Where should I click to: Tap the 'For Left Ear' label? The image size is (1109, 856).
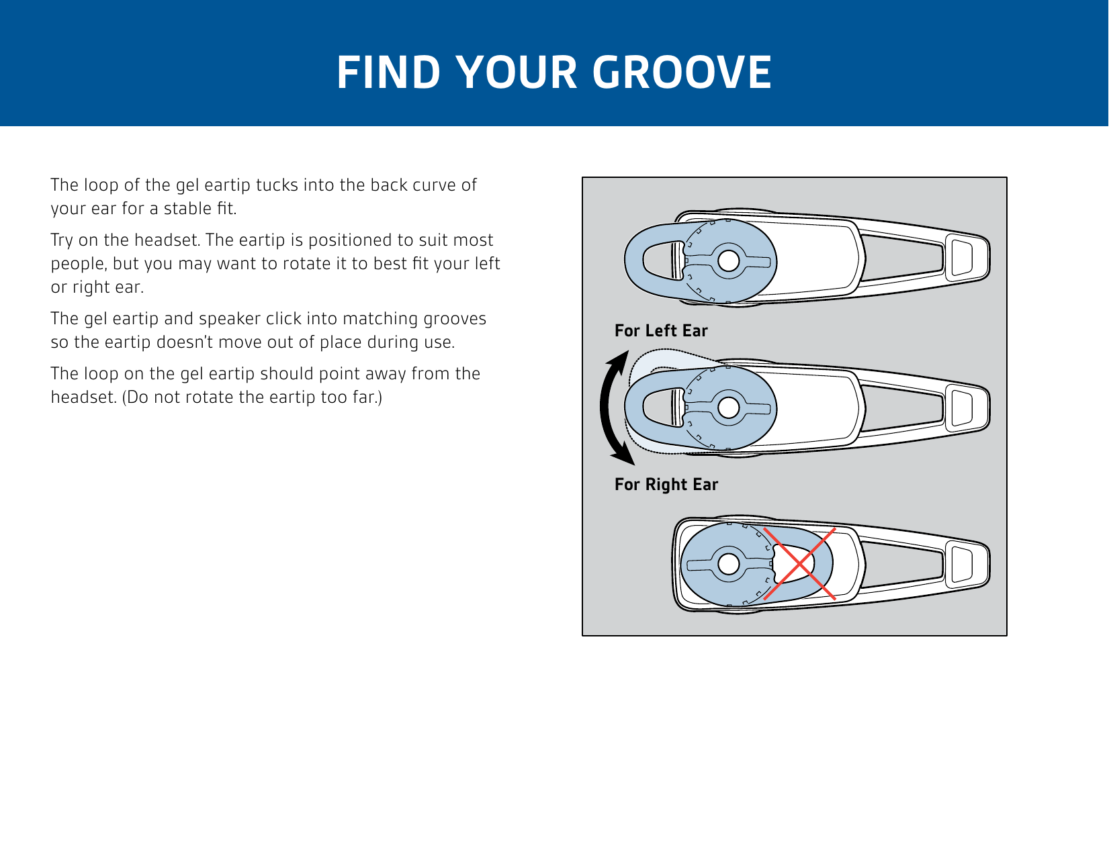pos(661,330)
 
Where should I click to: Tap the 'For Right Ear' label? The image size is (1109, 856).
pos(666,485)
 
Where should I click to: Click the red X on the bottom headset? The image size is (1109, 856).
pos(799,564)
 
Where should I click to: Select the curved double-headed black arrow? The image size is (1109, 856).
pos(604,407)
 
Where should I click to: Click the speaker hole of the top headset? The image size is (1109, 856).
pos(728,261)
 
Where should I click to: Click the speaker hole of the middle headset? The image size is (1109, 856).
pos(728,408)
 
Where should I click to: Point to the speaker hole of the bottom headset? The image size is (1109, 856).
pos(728,564)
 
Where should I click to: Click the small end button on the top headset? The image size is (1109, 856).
pos(961,257)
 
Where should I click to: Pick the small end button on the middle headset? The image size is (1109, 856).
pos(961,408)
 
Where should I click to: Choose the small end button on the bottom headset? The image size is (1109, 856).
pos(961,564)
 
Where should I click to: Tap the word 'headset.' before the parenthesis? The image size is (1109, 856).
pos(84,397)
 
